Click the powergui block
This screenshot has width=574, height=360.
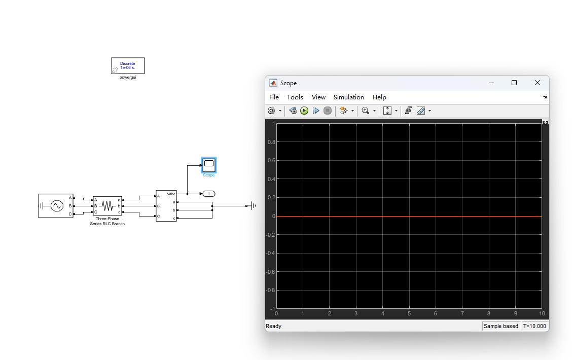tap(128, 65)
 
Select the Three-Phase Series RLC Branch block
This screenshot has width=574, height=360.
tap(107, 206)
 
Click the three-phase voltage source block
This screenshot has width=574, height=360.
tap(56, 206)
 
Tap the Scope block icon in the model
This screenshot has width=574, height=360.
tap(209, 165)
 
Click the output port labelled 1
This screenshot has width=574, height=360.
tap(209, 194)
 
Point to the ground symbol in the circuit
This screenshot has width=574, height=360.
tap(253, 206)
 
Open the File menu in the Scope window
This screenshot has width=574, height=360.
tap(274, 97)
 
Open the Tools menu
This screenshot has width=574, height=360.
tap(295, 97)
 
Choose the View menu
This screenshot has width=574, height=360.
tap(318, 97)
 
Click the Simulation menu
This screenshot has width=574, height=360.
tap(348, 97)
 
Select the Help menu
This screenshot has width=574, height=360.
tap(379, 97)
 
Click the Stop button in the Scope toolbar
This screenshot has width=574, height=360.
tap(328, 111)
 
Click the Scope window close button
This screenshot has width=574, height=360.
tap(537, 83)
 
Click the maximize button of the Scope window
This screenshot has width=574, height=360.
tap(514, 83)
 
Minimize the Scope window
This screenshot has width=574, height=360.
tap(491, 83)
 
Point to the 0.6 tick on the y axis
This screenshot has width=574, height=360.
tap(271, 160)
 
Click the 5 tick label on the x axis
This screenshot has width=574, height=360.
tap(409, 313)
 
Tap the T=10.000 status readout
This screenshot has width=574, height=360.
tap(534, 326)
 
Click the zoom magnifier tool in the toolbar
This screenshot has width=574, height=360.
tap(365, 111)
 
